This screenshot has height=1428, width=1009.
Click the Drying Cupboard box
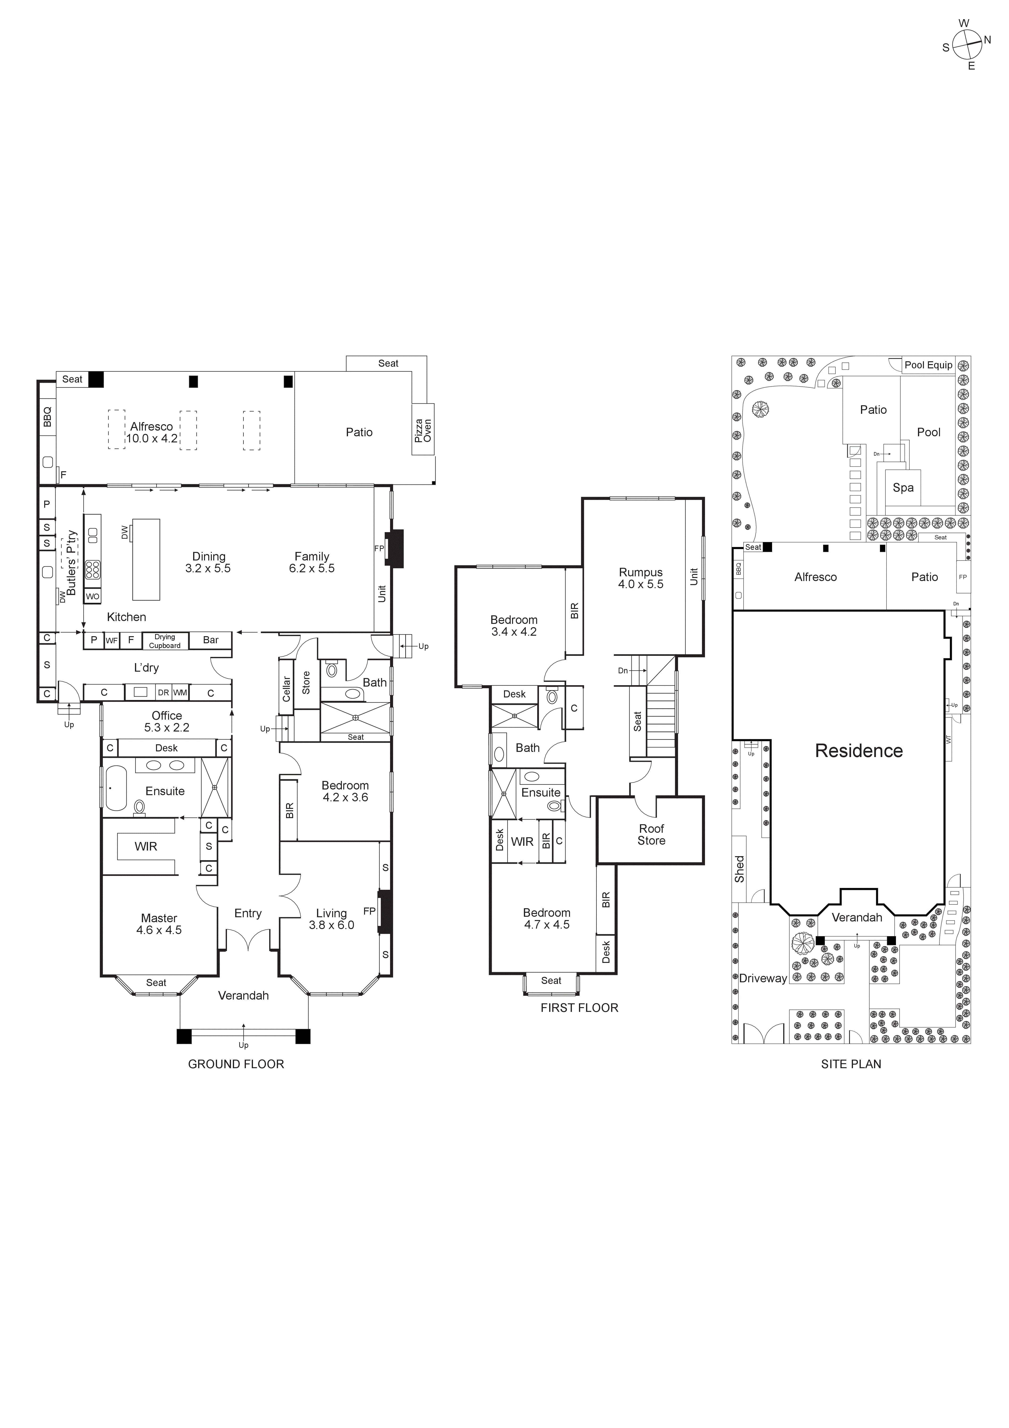(165, 641)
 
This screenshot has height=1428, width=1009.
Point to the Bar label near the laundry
(211, 640)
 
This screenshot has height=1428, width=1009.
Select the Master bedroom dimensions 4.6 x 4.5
(159, 930)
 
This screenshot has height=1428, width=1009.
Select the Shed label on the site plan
(739, 869)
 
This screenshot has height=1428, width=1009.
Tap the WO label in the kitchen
(93, 596)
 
